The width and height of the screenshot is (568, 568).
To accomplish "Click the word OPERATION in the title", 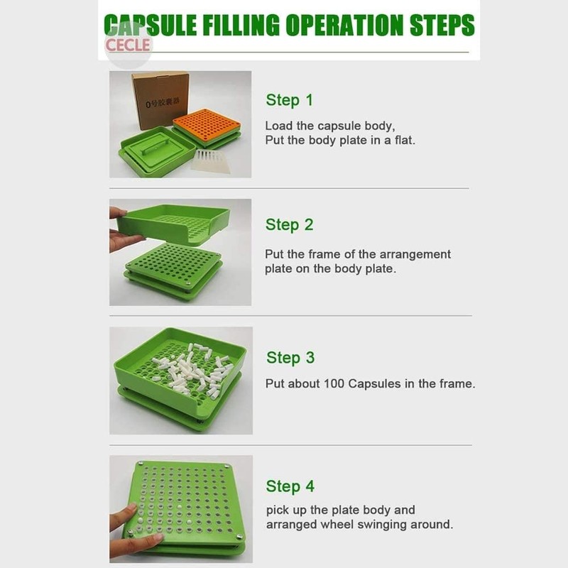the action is click(x=345, y=25).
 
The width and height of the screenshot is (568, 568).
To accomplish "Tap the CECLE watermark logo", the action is click(x=128, y=45).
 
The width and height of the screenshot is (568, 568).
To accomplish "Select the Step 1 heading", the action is click(x=289, y=100).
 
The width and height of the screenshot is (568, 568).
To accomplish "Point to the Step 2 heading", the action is click(x=289, y=224).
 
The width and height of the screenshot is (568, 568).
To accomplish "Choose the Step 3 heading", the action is click(x=290, y=358).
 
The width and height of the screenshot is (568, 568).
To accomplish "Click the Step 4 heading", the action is click(x=290, y=486).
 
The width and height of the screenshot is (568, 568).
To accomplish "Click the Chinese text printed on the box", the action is click(x=163, y=102).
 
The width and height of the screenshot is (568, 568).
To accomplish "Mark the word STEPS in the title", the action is click(x=442, y=25).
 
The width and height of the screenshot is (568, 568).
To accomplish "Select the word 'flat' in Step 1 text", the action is click(x=404, y=140).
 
